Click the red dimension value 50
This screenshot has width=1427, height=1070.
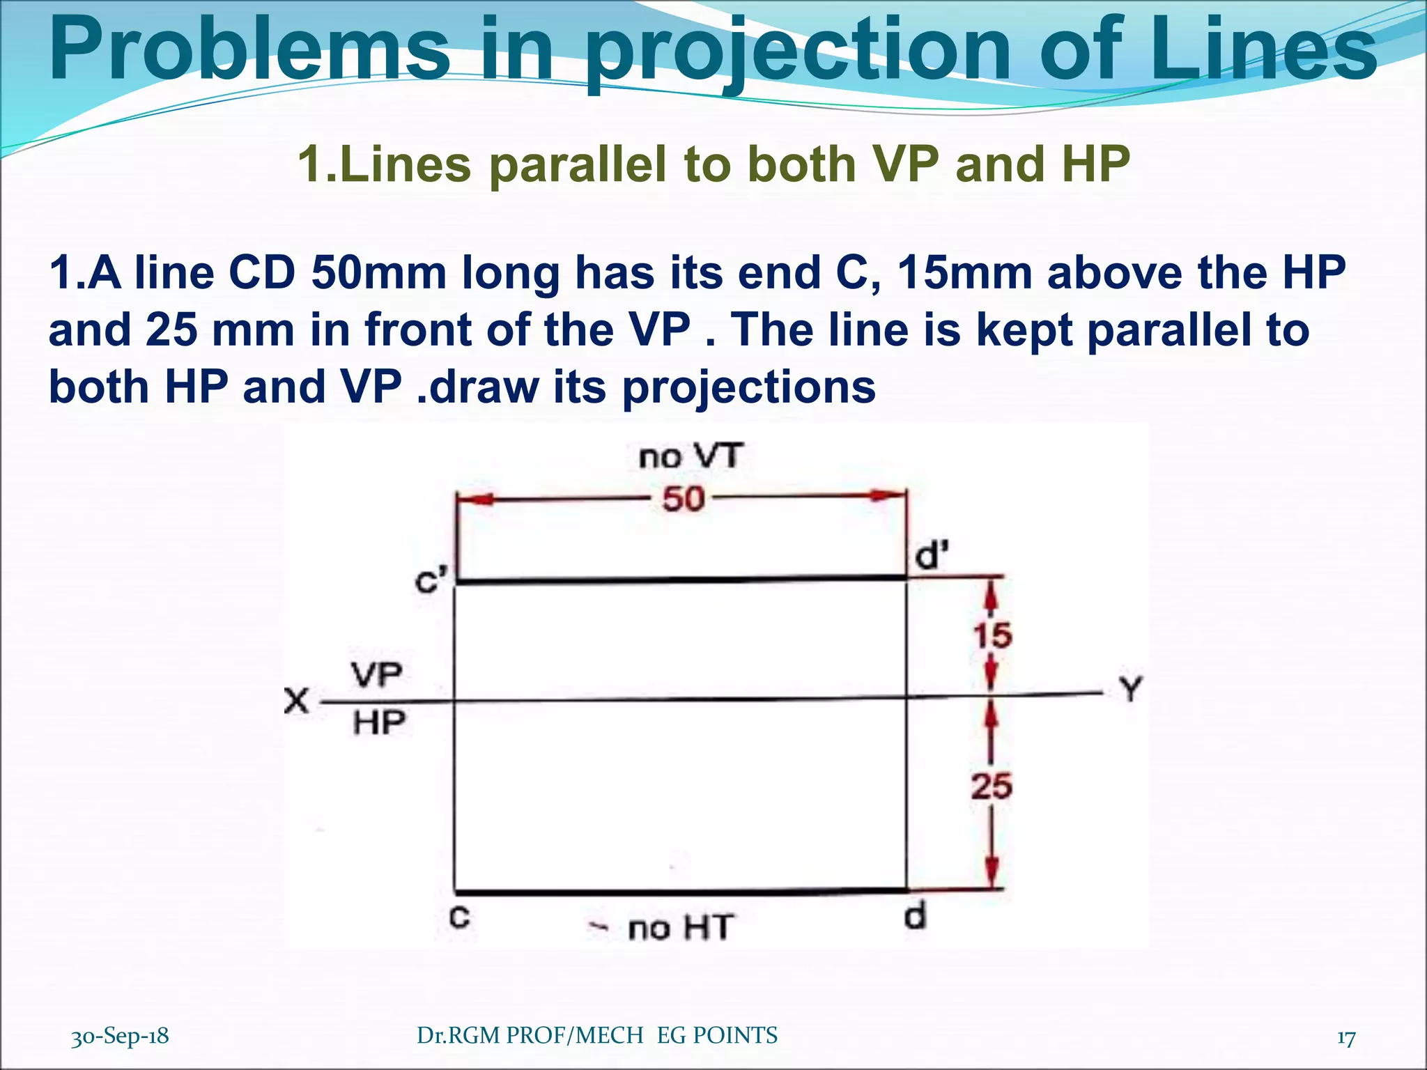[x=683, y=499]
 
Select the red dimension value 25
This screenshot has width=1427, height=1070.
[x=992, y=786]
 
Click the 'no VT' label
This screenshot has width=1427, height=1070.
[x=691, y=457]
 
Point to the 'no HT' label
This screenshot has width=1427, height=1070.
[x=679, y=928]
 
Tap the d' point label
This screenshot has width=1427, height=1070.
[x=931, y=556]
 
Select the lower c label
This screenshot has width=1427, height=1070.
[x=459, y=917]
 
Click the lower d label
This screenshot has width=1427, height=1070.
[x=916, y=915]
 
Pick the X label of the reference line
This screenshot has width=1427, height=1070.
[x=297, y=700]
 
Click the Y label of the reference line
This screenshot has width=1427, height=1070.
[x=1131, y=690]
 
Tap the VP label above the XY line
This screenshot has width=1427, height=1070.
[x=376, y=674]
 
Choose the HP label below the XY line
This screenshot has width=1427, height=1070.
[x=379, y=723]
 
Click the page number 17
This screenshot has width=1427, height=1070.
[x=1346, y=1037]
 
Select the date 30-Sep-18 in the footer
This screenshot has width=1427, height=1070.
[x=120, y=1036]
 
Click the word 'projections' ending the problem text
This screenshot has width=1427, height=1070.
[x=748, y=387]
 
